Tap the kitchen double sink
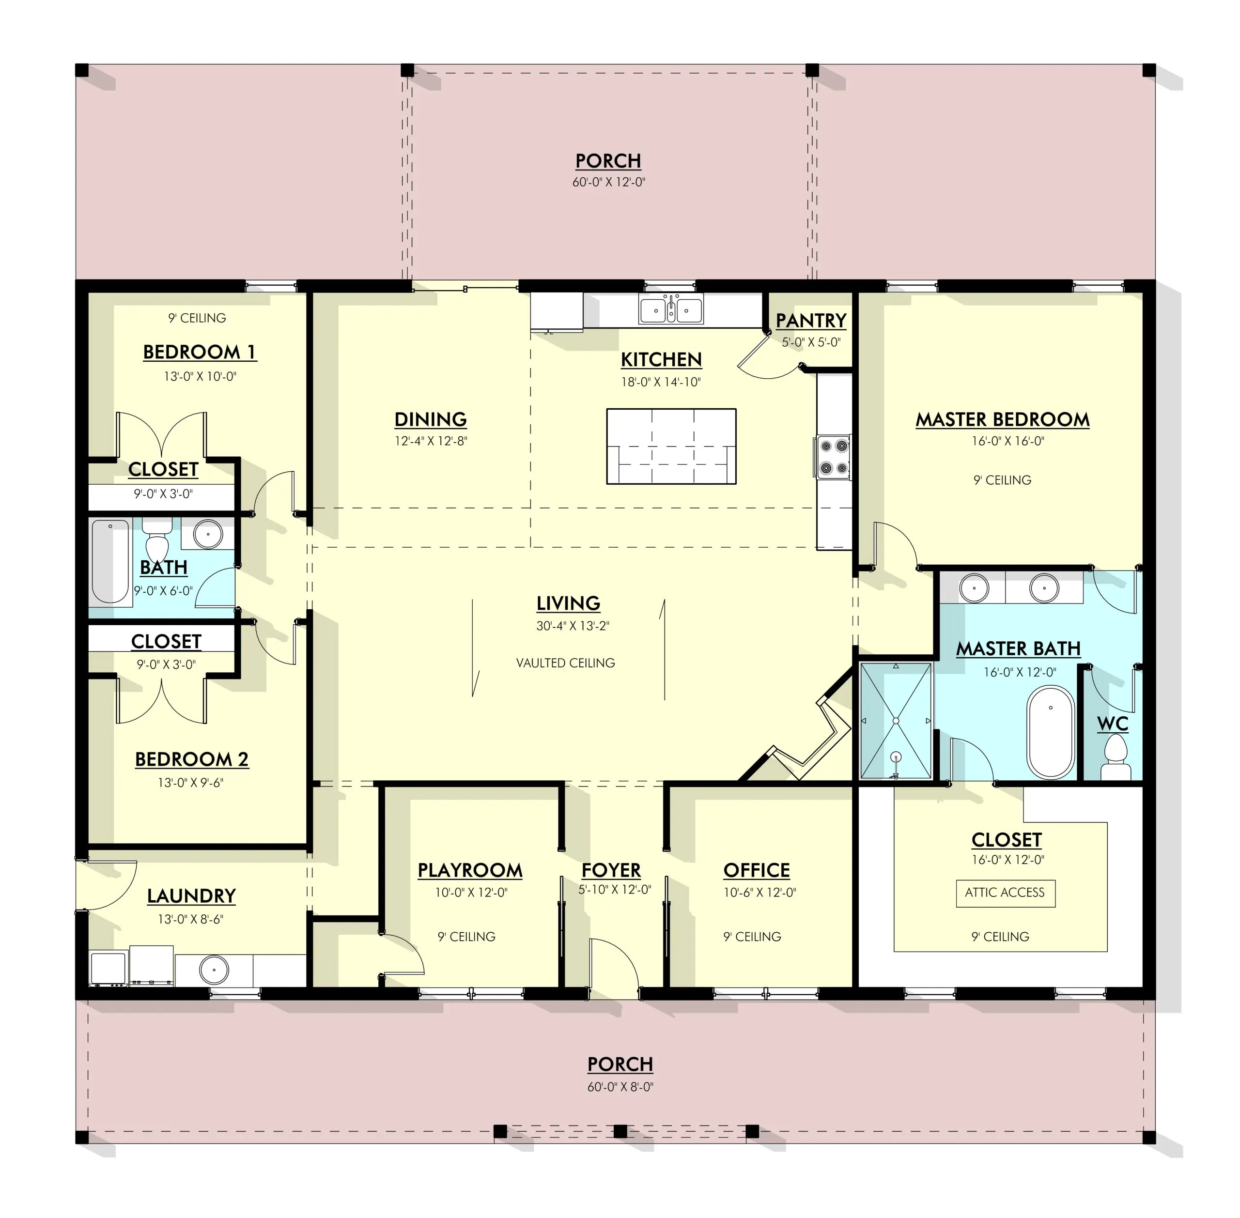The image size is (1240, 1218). [x=670, y=309]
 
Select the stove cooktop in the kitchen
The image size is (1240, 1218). [x=833, y=457]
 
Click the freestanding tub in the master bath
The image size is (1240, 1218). [x=1050, y=732]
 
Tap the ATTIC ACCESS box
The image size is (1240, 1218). [x=1005, y=893]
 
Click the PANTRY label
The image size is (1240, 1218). [x=811, y=321]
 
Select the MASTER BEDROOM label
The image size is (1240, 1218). [x=1002, y=420]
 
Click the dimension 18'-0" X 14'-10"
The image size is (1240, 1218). [x=661, y=383]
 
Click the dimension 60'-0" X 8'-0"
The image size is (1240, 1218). [x=620, y=1087]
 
